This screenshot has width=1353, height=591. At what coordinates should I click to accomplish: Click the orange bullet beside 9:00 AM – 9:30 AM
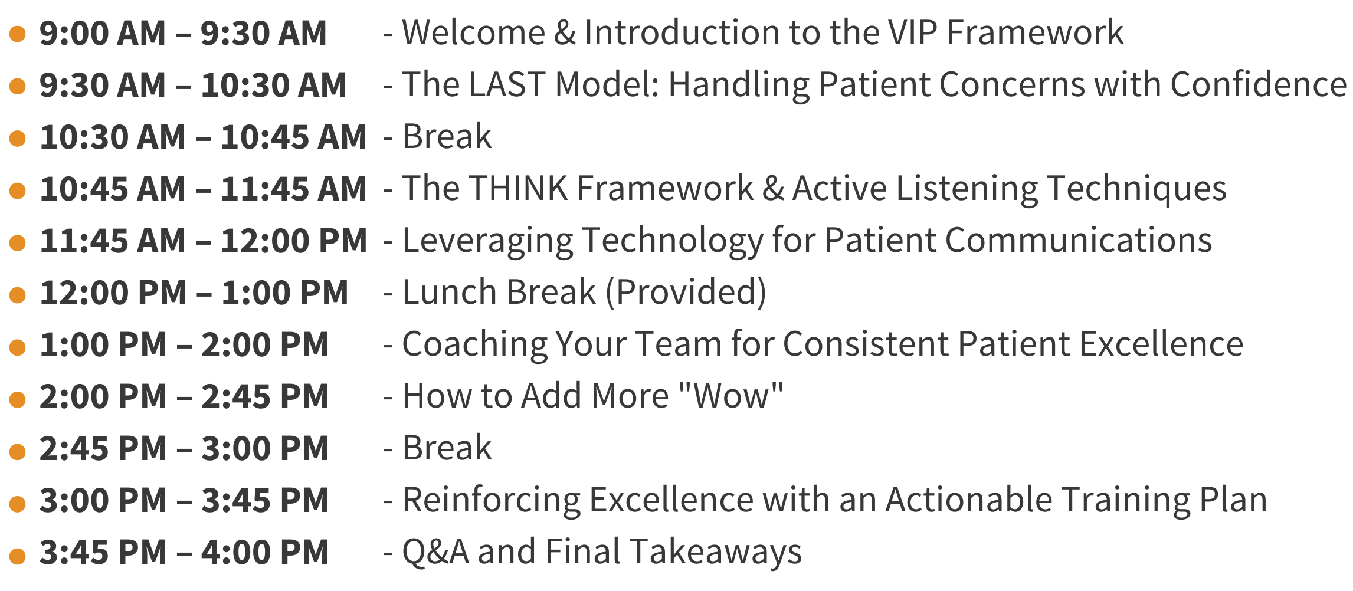click(x=18, y=34)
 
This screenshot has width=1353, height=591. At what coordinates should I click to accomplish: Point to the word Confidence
click(x=1259, y=84)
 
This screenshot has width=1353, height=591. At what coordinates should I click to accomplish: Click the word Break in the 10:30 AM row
click(x=447, y=136)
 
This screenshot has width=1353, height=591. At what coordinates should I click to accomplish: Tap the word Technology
click(x=673, y=241)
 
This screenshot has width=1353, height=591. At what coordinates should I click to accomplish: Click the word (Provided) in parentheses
click(x=686, y=293)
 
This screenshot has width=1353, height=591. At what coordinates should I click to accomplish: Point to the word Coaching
click(x=475, y=344)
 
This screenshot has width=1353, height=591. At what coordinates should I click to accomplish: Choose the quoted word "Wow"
click(x=731, y=396)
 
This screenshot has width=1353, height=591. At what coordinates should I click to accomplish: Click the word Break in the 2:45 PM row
click(x=447, y=448)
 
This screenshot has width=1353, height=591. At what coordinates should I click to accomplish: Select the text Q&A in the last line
click(x=435, y=552)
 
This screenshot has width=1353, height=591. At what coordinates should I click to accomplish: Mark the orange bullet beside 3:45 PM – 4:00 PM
click(x=18, y=556)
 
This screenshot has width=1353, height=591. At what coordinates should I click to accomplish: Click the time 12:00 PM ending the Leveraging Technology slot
click(x=294, y=241)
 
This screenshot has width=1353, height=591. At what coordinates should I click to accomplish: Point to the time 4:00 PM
click(x=265, y=553)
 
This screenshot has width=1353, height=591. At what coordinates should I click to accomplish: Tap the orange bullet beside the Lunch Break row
click(x=18, y=295)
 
